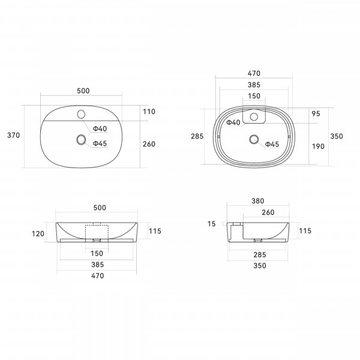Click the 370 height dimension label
pos(14,135)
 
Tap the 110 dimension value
pos(149,112)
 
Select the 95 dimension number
pos(316,113)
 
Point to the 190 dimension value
pos(318,146)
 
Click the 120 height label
pos(38,234)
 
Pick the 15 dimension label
pos(212,224)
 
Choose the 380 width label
pos(258,201)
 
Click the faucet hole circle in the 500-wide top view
pos(81,114)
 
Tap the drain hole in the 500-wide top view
pos(81,139)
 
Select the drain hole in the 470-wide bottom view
pos(254,139)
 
